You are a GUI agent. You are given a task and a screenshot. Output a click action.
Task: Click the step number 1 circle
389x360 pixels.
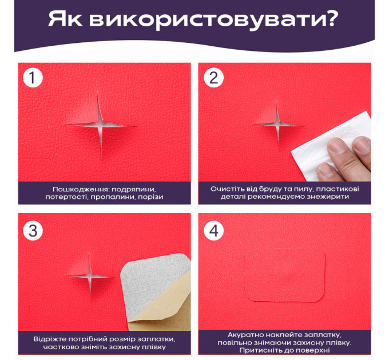(x=33, y=78)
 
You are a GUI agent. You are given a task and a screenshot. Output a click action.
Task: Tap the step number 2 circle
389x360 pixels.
(x=213, y=78)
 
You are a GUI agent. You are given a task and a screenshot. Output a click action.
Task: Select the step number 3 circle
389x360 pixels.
(x=33, y=230)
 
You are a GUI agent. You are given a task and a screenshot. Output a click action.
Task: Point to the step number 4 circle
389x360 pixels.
(x=213, y=230)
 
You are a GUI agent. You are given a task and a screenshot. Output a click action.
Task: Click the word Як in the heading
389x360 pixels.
(x=65, y=19)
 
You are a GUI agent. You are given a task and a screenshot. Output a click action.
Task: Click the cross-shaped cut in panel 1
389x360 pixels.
(x=101, y=125)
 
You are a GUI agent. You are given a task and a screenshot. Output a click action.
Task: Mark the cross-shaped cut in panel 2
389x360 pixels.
(x=277, y=124)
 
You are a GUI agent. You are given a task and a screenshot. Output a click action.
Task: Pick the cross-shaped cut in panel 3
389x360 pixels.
(x=90, y=275)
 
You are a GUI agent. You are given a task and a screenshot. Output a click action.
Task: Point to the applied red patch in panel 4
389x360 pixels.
(x=285, y=275)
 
